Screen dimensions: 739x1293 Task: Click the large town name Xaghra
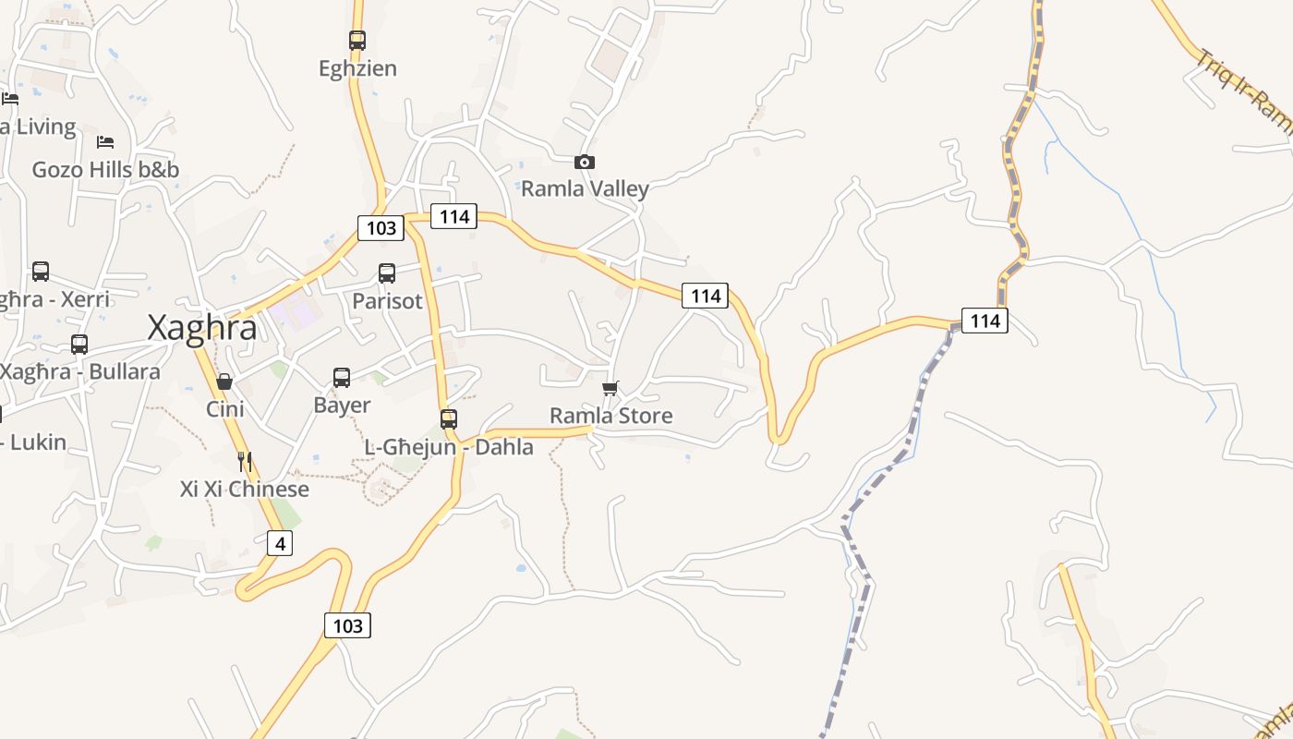[202, 328]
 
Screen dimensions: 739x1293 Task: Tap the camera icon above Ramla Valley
[584, 163]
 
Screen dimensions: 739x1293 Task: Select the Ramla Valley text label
[585, 189]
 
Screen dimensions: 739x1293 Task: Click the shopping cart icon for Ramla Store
[610, 388]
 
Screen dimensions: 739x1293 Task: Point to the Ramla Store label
[610, 416]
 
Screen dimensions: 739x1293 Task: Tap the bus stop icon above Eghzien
[357, 41]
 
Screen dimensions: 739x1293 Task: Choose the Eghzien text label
[357, 68]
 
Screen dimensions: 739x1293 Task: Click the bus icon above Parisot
[387, 273]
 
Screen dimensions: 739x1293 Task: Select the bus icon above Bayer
[342, 378]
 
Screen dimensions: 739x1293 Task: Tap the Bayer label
[342, 406]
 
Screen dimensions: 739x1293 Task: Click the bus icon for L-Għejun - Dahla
[449, 419]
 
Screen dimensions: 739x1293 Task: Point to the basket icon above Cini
[224, 382]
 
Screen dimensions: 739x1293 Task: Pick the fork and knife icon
[245, 461]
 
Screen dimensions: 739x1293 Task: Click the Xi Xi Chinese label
[245, 489]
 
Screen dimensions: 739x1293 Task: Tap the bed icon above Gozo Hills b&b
[105, 142]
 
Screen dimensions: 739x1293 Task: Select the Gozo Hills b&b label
[105, 170]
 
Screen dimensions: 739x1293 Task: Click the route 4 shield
[280, 544]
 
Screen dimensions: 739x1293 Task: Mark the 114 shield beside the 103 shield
[453, 217]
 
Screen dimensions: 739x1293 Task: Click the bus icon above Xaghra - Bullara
[79, 345]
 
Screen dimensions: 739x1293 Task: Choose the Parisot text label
[387, 301]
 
